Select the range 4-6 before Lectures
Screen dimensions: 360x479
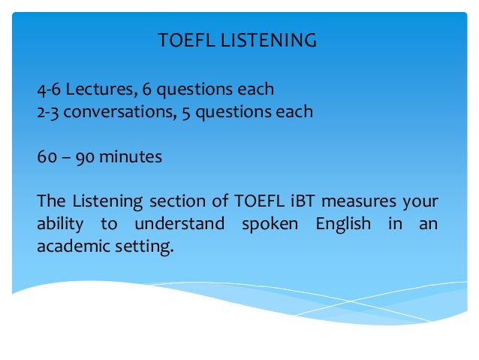(x=49, y=89)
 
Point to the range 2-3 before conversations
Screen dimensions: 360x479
(x=49, y=112)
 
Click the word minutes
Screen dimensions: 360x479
(x=131, y=157)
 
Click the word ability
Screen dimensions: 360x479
(x=59, y=225)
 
